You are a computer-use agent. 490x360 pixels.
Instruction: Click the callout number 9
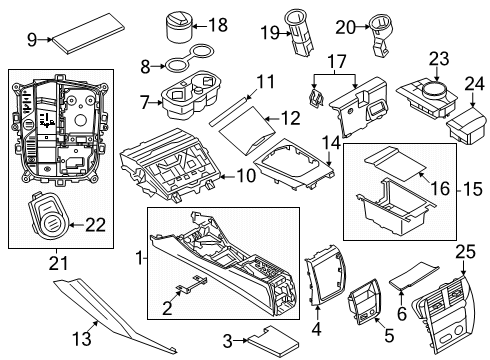tap(31, 40)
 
